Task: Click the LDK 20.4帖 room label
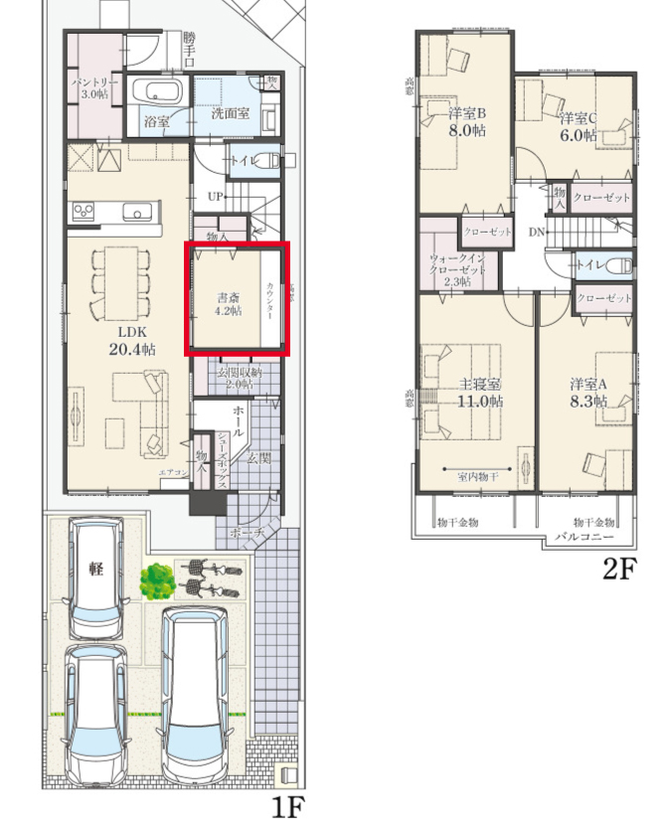131,341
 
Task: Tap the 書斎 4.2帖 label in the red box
229,304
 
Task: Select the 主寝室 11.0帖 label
479,393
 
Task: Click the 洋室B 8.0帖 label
465,121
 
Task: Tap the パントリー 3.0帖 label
94,86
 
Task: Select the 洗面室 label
230,115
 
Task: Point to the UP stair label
216,196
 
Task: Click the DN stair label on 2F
537,233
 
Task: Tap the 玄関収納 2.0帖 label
237,378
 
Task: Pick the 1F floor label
287,805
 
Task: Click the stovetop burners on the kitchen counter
83,210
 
